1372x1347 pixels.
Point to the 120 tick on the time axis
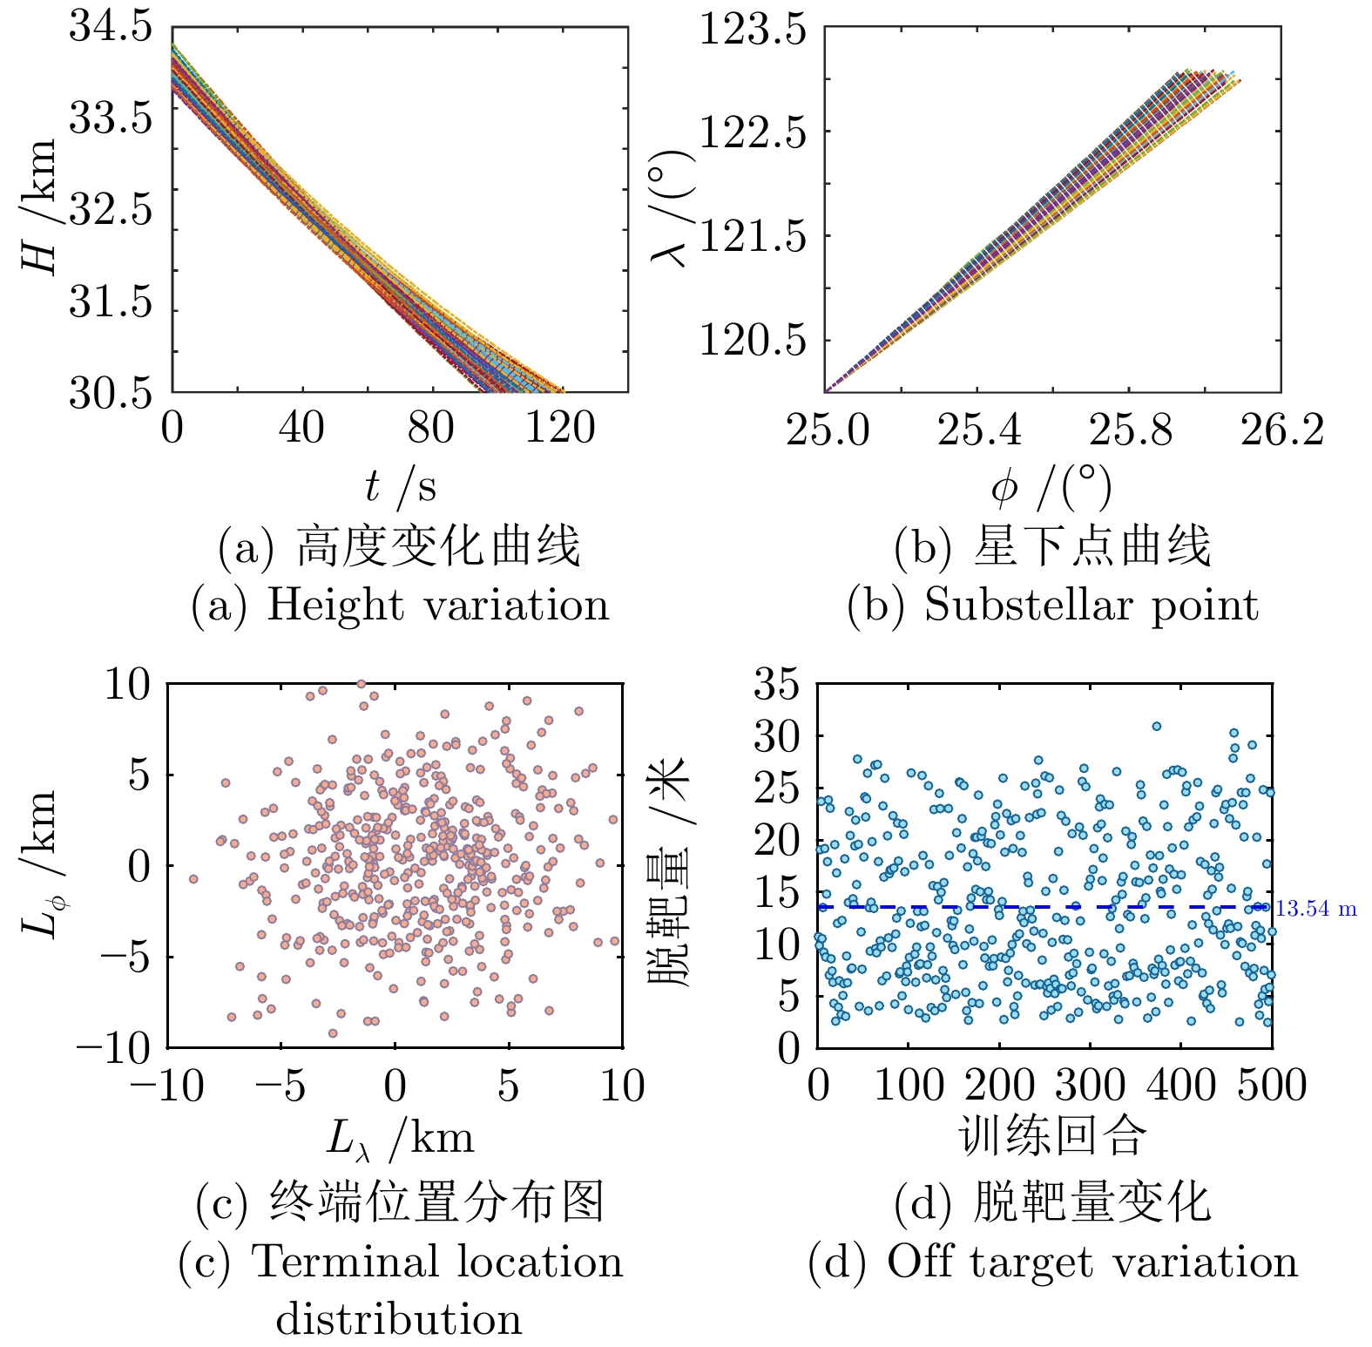pyautogui.click(x=559, y=429)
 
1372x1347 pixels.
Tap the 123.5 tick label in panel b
pyautogui.click(x=753, y=31)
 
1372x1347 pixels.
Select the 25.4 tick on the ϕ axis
pyautogui.click(x=979, y=430)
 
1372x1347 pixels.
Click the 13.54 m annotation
pyautogui.click(x=1316, y=910)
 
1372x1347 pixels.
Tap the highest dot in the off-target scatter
pyautogui.click(x=1157, y=726)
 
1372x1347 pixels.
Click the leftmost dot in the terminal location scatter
pyautogui.click(x=193, y=879)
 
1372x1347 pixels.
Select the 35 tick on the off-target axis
pyautogui.click(x=776, y=684)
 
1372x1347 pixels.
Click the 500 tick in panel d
pyautogui.click(x=1272, y=1086)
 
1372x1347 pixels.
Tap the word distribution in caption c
pyautogui.click(x=399, y=1319)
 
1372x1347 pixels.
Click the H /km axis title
pyautogui.click(x=40, y=206)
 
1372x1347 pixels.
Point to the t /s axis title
pyautogui.click(x=400, y=486)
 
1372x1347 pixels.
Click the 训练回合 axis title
pyautogui.click(x=1052, y=1136)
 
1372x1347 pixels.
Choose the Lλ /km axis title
pyautogui.click(x=400, y=1139)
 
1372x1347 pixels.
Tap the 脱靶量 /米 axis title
pyautogui.click(x=669, y=871)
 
